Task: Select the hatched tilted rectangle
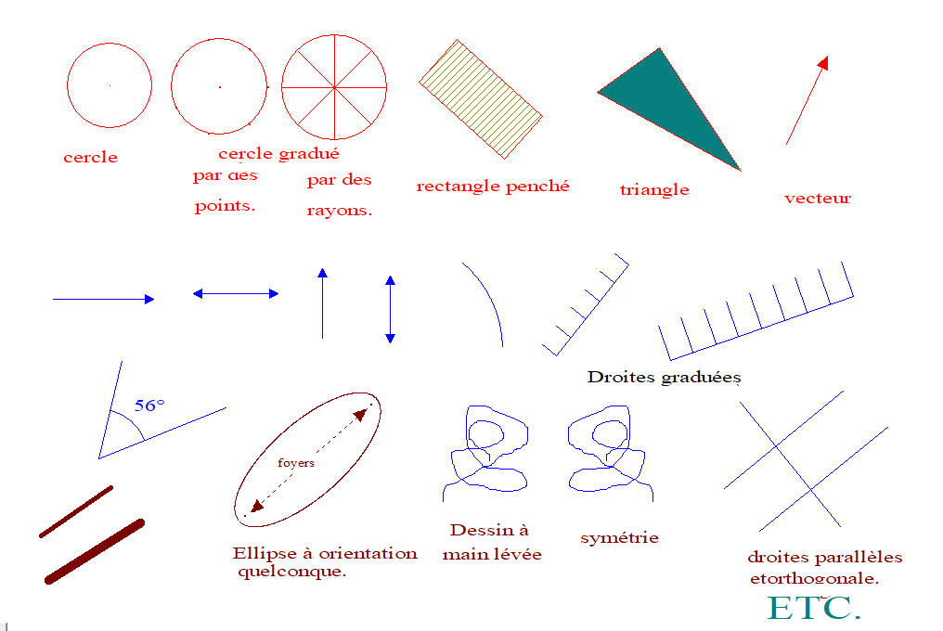480,98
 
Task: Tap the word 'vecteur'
817,198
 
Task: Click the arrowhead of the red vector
822,62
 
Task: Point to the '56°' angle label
149,406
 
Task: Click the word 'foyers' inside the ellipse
296,462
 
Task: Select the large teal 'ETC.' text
814,607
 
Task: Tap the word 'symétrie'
619,537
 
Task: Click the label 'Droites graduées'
664,378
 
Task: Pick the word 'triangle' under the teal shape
654,189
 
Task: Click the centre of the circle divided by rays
333,88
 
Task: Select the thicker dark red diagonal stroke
95,551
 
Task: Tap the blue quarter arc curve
488,303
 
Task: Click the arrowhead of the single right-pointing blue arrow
149,299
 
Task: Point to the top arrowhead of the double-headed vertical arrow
390,280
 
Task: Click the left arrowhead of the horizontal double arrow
198,293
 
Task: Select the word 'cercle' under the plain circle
90,158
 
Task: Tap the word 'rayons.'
339,211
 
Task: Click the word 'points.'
225,206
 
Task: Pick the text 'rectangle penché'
492,186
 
